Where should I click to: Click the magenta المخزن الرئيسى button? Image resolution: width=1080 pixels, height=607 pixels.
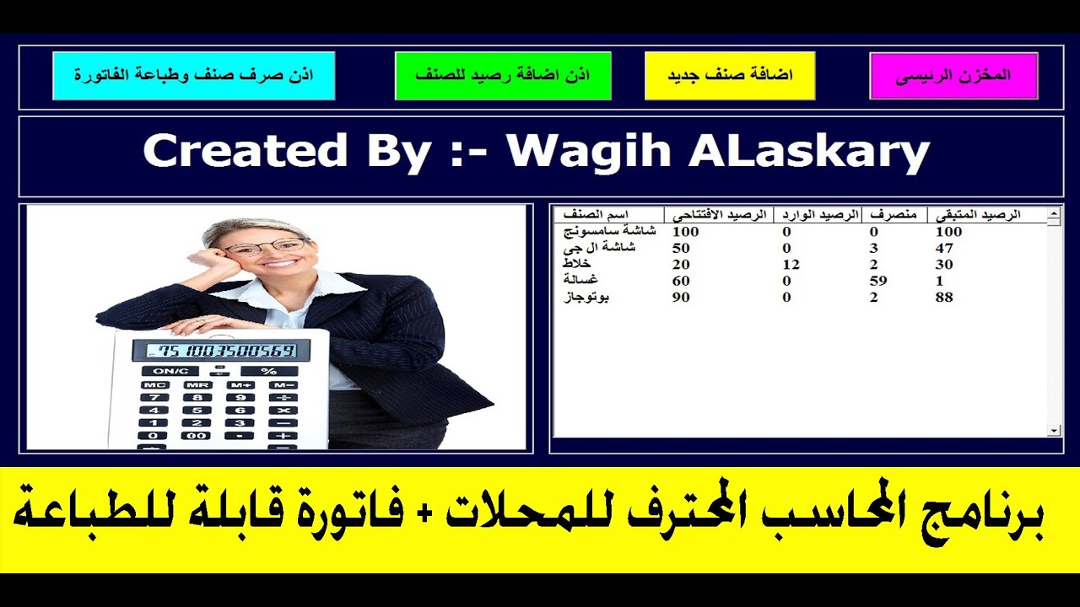[x=953, y=76]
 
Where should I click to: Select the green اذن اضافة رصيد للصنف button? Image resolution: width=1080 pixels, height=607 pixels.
[x=503, y=76]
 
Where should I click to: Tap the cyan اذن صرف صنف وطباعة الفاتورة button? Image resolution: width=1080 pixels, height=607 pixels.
[x=193, y=76]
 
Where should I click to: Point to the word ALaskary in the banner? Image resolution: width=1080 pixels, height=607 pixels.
[x=809, y=153]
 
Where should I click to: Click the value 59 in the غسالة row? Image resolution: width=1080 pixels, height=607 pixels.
[x=878, y=281]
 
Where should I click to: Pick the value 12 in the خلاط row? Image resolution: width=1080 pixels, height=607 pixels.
[x=791, y=264]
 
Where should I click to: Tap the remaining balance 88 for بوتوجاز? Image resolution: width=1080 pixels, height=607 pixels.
[x=944, y=298]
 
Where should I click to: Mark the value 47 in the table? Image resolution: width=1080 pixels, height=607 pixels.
[x=944, y=248]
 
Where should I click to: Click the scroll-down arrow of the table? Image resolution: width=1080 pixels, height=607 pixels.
[x=1054, y=431]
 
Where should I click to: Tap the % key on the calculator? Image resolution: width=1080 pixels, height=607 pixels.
[x=268, y=371]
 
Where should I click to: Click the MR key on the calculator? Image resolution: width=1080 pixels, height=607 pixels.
[x=197, y=384]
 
